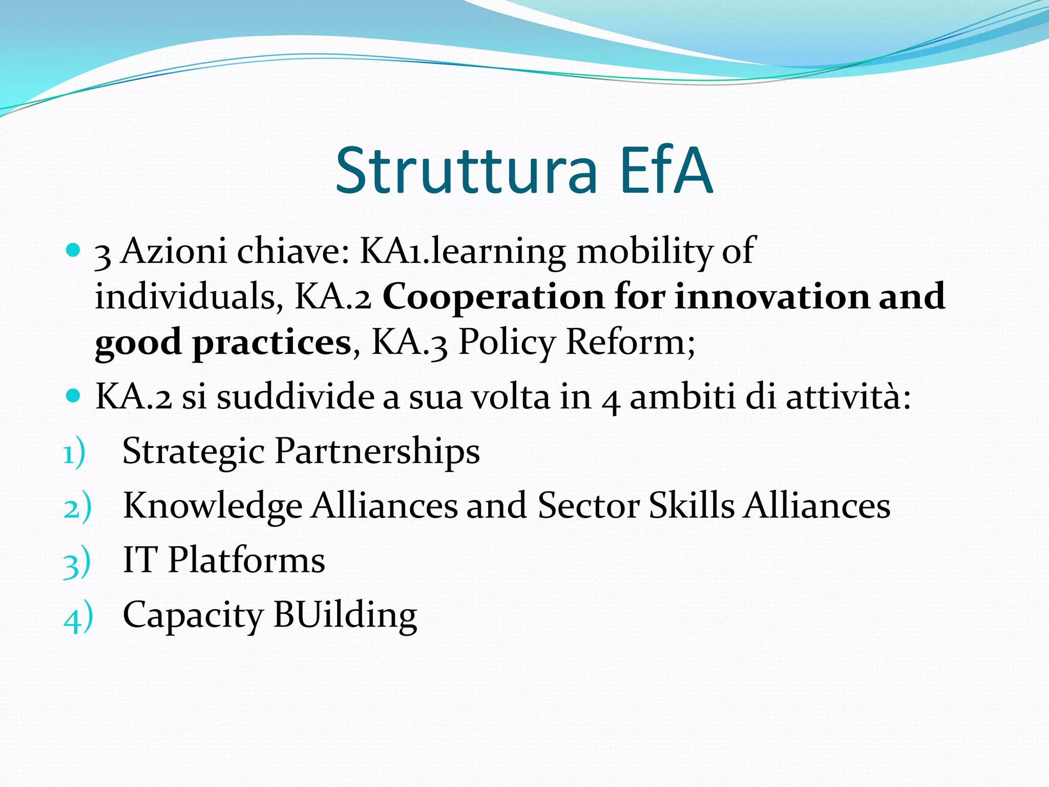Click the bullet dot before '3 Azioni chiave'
click(74, 250)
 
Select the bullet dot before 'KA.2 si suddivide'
click(74, 396)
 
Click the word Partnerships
click(377, 452)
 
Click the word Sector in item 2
click(589, 506)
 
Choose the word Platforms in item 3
click(246, 560)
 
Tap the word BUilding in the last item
click(345, 615)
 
